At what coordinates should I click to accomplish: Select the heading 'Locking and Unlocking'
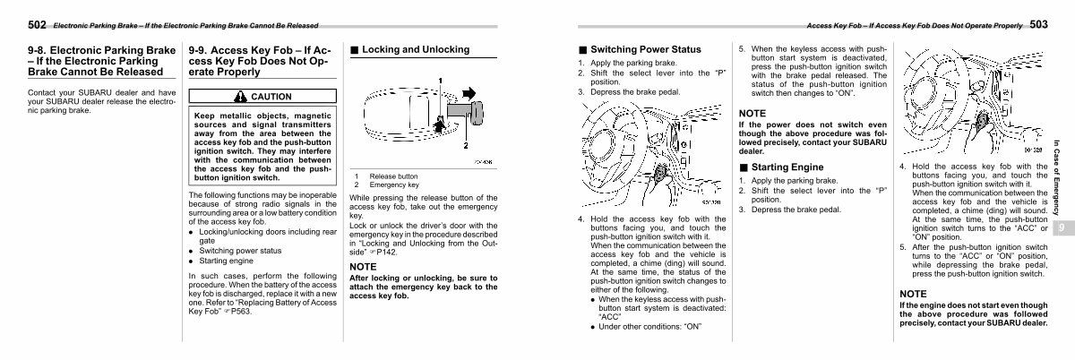(x=411, y=50)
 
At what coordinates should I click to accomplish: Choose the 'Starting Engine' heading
(x=787, y=167)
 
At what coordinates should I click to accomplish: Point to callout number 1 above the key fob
(x=441, y=81)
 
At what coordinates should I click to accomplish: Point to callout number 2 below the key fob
(x=465, y=144)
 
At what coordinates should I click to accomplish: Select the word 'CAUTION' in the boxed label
(x=271, y=97)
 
